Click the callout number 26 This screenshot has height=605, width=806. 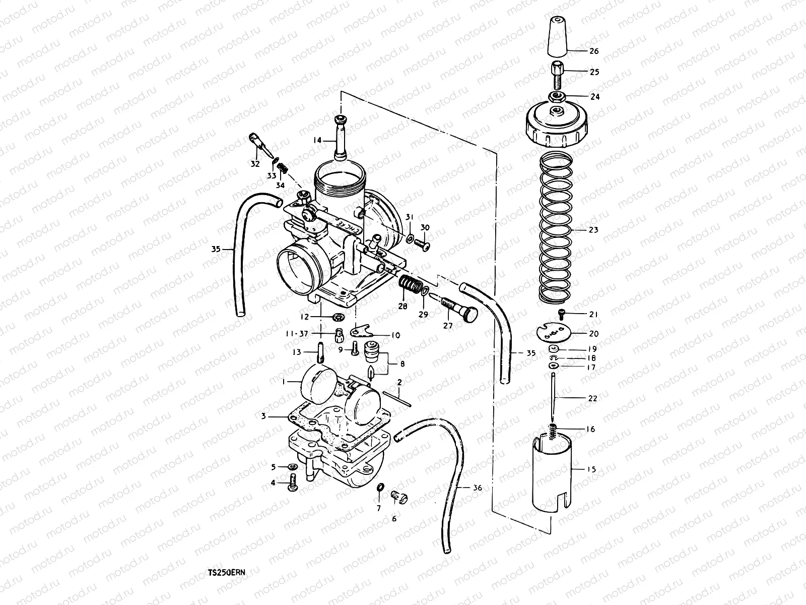coord(594,51)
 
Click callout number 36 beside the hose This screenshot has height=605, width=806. coord(478,488)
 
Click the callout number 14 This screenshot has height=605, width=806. coord(316,141)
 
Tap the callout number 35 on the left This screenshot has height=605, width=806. coord(216,249)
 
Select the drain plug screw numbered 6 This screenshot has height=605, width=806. coord(399,498)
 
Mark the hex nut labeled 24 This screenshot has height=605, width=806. coord(556,96)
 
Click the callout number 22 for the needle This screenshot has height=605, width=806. coord(592,398)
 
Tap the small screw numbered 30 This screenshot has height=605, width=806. coord(422,246)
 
